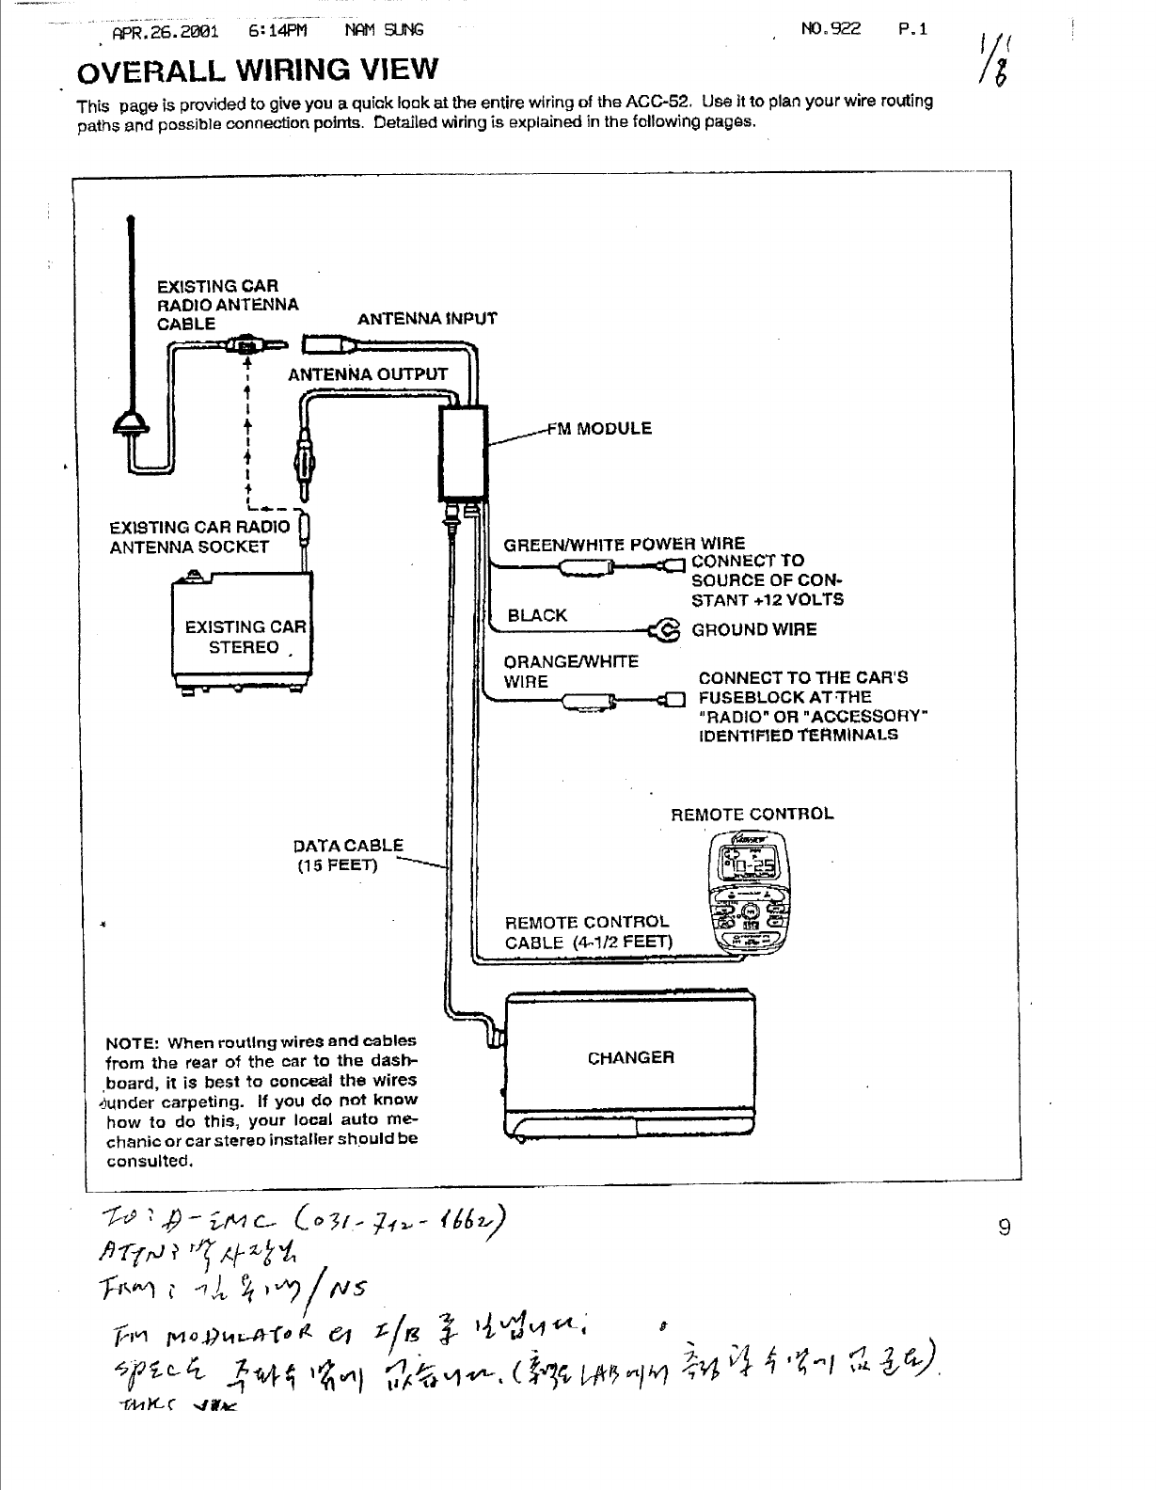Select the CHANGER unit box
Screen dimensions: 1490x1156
(630, 1058)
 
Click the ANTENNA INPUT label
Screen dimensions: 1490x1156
(427, 318)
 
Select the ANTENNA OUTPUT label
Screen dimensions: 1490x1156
(368, 374)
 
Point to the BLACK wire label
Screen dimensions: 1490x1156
(537, 615)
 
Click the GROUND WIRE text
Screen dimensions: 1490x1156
(754, 629)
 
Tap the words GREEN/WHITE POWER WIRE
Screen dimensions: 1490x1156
(625, 544)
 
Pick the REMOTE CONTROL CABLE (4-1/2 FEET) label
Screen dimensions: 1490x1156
(589, 932)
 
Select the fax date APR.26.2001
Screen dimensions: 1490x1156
(165, 30)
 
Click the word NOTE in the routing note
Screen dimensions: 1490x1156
(130, 1042)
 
